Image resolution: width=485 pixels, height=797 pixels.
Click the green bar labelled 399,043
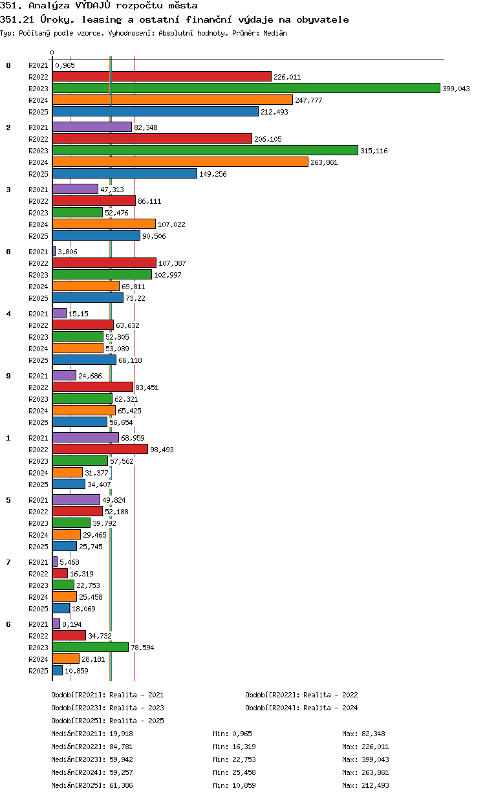[x=246, y=88]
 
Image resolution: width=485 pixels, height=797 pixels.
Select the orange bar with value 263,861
[x=180, y=162]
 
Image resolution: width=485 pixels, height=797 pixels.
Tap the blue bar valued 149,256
[x=124, y=173]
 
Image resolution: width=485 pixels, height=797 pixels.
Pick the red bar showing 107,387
[x=104, y=263]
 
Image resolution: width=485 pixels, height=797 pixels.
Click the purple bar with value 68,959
[x=85, y=437]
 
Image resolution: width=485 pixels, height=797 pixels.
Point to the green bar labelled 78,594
[x=91, y=647]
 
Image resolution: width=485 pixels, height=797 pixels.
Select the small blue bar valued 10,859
[x=58, y=670]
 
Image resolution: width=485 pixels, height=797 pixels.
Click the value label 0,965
[x=65, y=65]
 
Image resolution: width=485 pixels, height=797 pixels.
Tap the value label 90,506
[x=154, y=236]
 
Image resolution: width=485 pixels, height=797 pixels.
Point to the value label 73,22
[x=135, y=298]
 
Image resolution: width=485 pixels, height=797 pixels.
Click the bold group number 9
[x=8, y=376]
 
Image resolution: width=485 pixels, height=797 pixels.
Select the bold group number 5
[x=8, y=500]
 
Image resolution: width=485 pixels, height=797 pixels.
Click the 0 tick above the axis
[x=52, y=52]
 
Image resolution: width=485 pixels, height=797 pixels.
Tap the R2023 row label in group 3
[x=38, y=213]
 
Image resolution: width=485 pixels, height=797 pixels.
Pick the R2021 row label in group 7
[x=38, y=562]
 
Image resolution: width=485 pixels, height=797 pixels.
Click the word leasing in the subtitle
[x=102, y=20]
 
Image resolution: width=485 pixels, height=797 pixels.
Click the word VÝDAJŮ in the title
[x=93, y=6]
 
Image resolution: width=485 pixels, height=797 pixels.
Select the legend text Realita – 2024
[x=330, y=708]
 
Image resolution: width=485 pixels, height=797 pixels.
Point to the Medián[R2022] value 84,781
[x=122, y=747]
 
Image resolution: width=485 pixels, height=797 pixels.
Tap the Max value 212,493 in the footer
[x=377, y=785]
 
